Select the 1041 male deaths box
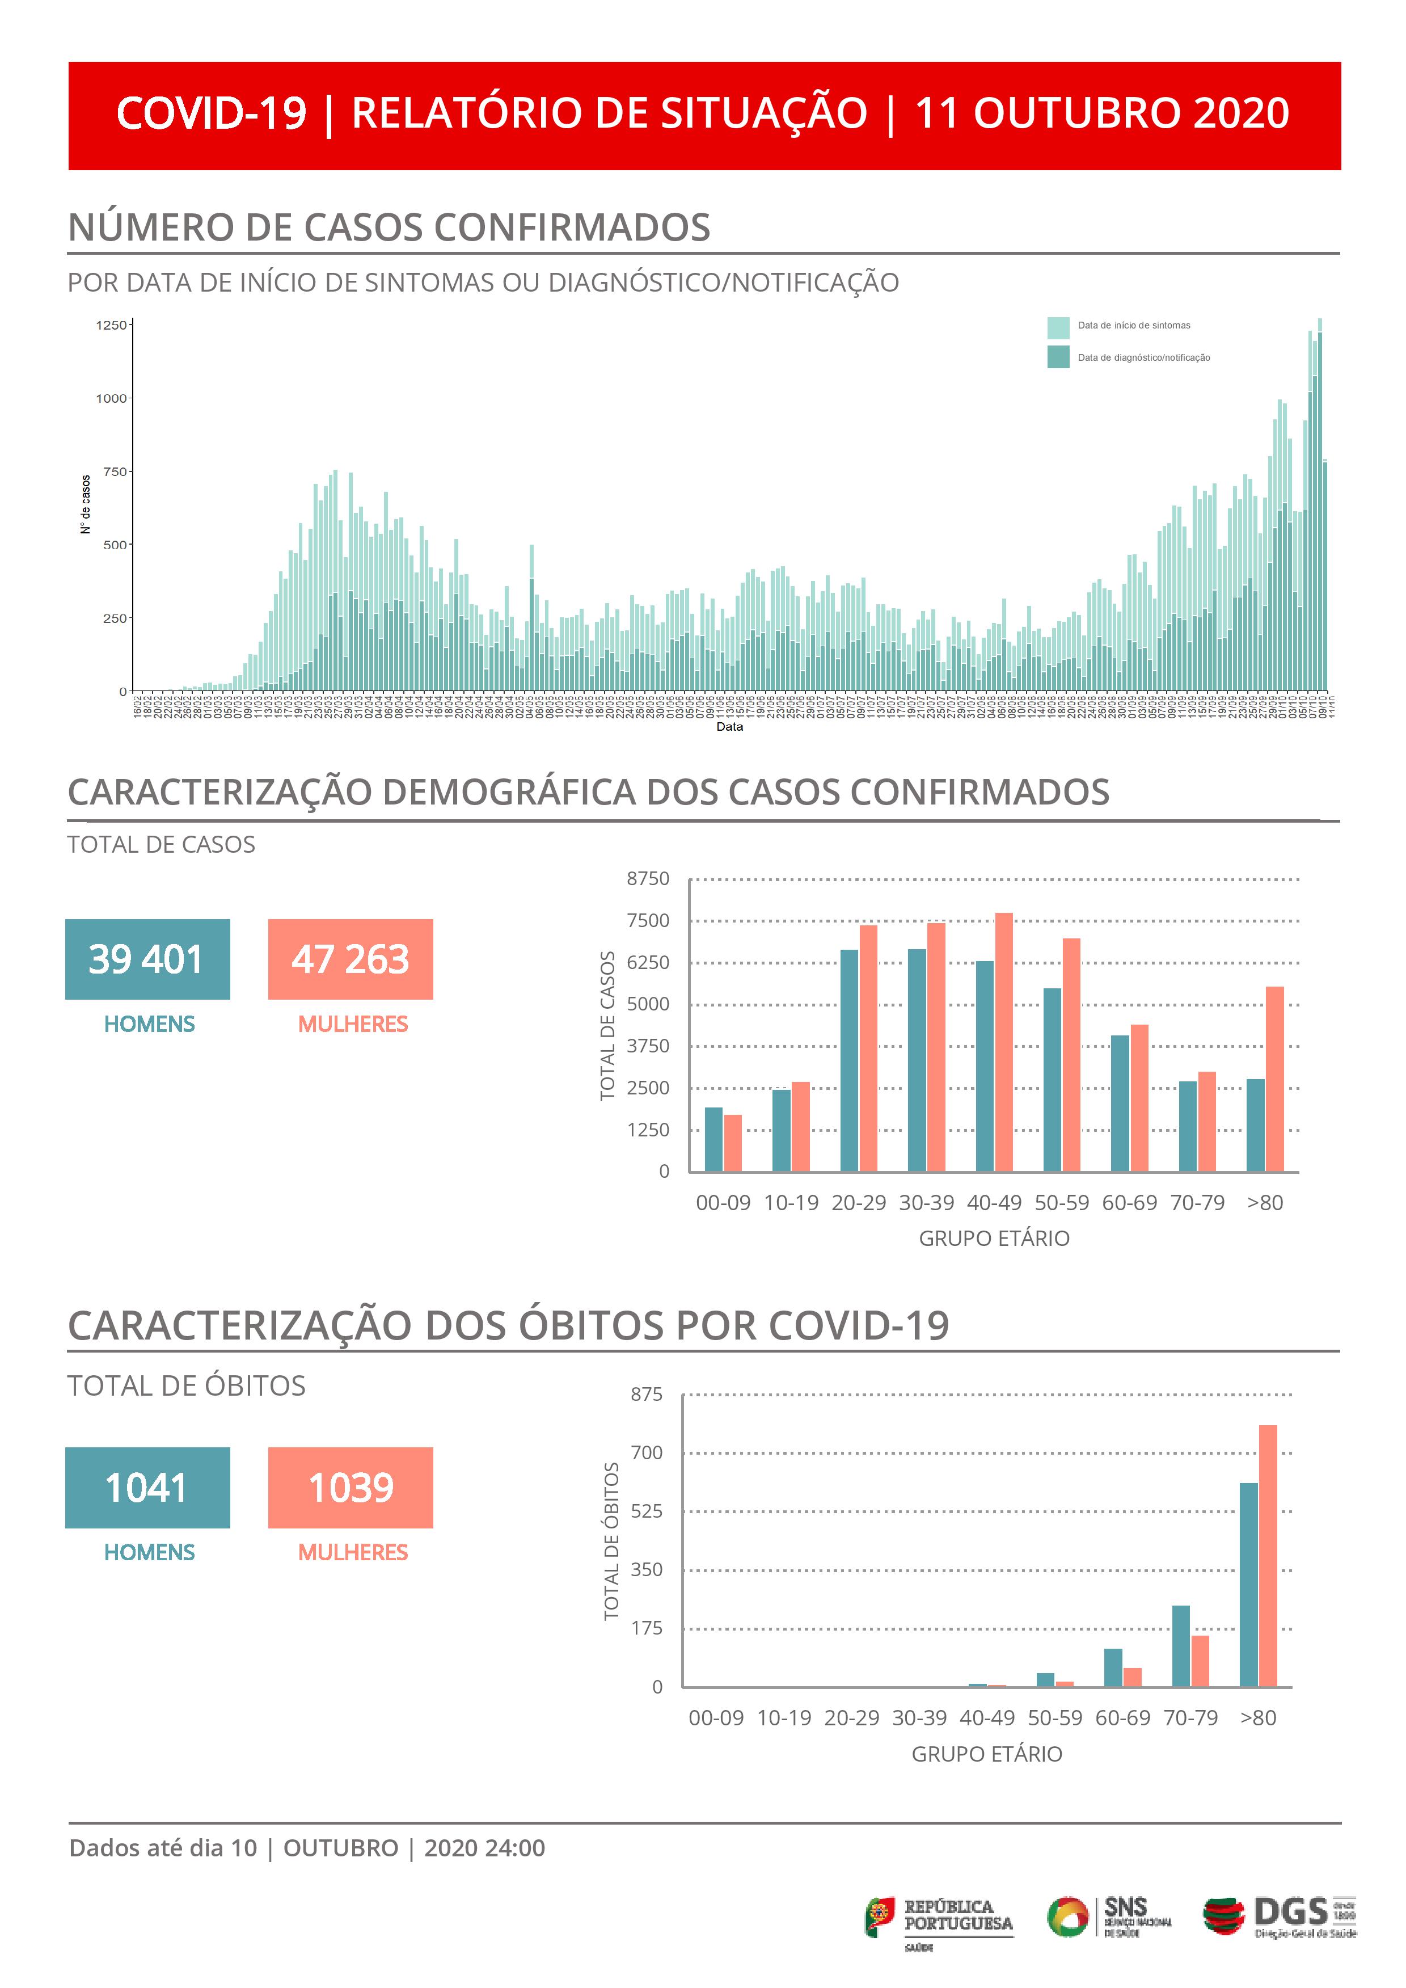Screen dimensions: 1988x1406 [x=147, y=1488]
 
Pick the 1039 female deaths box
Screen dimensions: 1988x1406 [x=350, y=1488]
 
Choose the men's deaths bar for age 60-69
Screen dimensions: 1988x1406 [x=1113, y=1667]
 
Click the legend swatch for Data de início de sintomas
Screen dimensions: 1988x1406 [x=1058, y=327]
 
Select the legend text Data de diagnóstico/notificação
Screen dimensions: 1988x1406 [x=1143, y=357]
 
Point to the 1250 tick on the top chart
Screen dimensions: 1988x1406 [x=111, y=326]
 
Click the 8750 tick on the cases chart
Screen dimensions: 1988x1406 [x=648, y=879]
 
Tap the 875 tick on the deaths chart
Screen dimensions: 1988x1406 [x=647, y=1394]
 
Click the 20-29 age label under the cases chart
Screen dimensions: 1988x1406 [x=859, y=1203]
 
